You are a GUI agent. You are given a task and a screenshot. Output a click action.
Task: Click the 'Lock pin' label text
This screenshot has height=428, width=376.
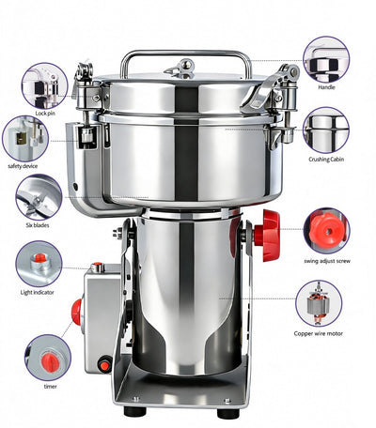click(44, 114)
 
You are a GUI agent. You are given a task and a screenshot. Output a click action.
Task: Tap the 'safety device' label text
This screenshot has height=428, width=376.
click(27, 166)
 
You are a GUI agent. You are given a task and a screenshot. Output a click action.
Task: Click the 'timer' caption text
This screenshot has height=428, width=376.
click(49, 386)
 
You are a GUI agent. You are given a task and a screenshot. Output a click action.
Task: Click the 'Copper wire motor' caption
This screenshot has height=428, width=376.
click(323, 332)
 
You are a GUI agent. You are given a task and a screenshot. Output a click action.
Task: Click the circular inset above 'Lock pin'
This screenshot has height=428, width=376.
click(44, 85)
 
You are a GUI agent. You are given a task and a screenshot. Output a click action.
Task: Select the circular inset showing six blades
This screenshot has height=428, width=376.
click(39, 197)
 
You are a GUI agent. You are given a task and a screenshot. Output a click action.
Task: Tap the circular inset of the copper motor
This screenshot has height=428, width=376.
click(319, 303)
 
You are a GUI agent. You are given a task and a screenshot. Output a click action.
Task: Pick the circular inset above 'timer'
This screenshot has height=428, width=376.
click(48, 357)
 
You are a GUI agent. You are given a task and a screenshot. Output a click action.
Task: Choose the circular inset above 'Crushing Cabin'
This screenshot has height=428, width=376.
click(326, 130)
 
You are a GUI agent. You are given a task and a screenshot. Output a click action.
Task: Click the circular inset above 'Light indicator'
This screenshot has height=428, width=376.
click(39, 264)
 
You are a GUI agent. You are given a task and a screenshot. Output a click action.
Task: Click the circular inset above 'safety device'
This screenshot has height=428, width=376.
click(25, 138)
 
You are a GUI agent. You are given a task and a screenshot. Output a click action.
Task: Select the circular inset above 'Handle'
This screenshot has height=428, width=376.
click(326, 59)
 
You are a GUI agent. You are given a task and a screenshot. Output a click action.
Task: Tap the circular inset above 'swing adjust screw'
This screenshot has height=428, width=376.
click(326, 231)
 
